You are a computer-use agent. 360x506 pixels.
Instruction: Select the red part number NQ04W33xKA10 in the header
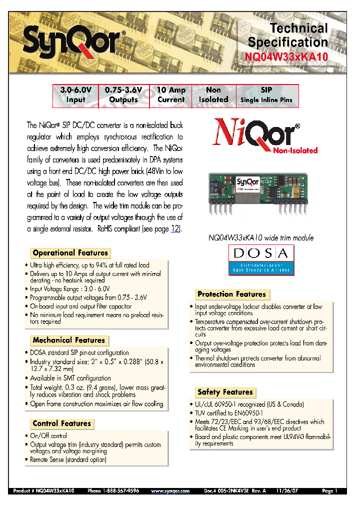tap(286, 57)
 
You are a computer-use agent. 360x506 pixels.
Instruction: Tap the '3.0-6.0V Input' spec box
tap(76, 95)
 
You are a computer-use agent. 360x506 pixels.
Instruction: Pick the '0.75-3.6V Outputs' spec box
tap(123, 95)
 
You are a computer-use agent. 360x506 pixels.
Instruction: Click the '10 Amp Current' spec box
tap(171, 95)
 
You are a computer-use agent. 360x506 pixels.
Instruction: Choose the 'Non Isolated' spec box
tap(213, 95)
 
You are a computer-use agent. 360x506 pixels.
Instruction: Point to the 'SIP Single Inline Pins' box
tap(266, 95)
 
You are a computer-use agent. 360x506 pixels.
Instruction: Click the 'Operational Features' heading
tap(70, 253)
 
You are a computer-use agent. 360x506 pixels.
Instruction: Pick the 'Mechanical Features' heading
tap(69, 340)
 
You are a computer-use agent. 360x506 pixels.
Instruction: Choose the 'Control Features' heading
tap(62, 423)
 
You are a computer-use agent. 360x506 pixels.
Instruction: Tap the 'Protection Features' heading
tap(231, 294)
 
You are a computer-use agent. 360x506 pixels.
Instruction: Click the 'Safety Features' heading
tap(225, 392)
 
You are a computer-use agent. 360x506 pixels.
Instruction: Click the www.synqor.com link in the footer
tap(170, 491)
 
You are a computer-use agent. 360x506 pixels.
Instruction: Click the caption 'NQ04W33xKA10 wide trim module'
tap(260, 238)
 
